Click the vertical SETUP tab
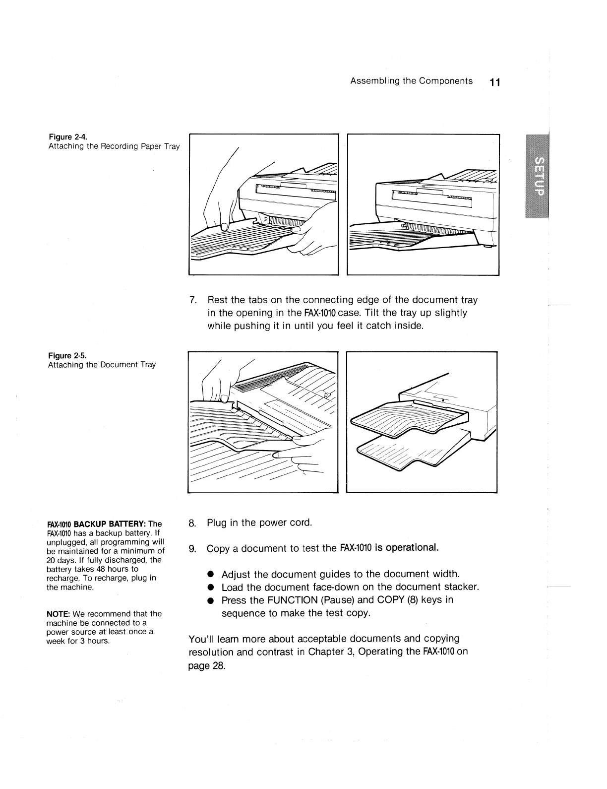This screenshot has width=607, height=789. click(x=538, y=176)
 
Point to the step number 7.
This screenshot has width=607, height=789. click(x=194, y=300)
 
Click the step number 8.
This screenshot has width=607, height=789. click(x=193, y=523)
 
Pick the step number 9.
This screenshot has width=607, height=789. click(x=193, y=549)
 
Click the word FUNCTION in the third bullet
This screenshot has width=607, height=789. click(x=293, y=600)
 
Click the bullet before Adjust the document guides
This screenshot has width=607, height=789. click(x=210, y=575)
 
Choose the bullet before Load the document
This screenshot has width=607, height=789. click(x=210, y=588)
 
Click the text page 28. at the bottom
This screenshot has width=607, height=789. click(x=207, y=666)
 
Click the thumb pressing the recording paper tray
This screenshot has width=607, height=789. click(x=225, y=226)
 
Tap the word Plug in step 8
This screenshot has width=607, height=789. click(x=217, y=523)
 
